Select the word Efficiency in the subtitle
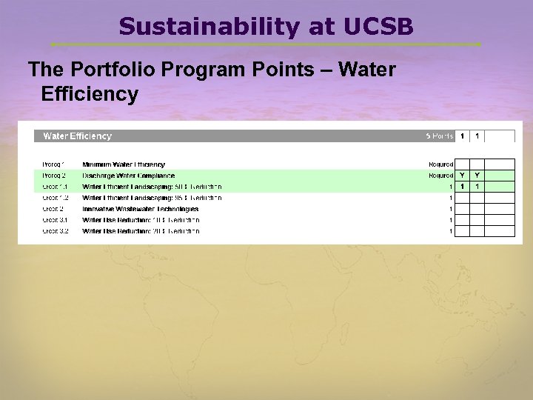click(90, 94)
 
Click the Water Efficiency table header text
click(77, 136)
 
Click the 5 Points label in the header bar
click(439, 136)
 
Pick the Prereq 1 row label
click(53, 164)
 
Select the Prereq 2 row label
click(53, 176)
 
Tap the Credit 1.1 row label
click(55, 187)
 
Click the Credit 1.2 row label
click(55, 198)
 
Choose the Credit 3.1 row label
click(55, 220)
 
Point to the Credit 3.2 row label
click(55, 231)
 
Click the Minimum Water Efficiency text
click(124, 164)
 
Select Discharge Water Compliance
click(128, 176)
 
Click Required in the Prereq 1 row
click(440, 164)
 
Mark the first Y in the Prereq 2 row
click(462, 176)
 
